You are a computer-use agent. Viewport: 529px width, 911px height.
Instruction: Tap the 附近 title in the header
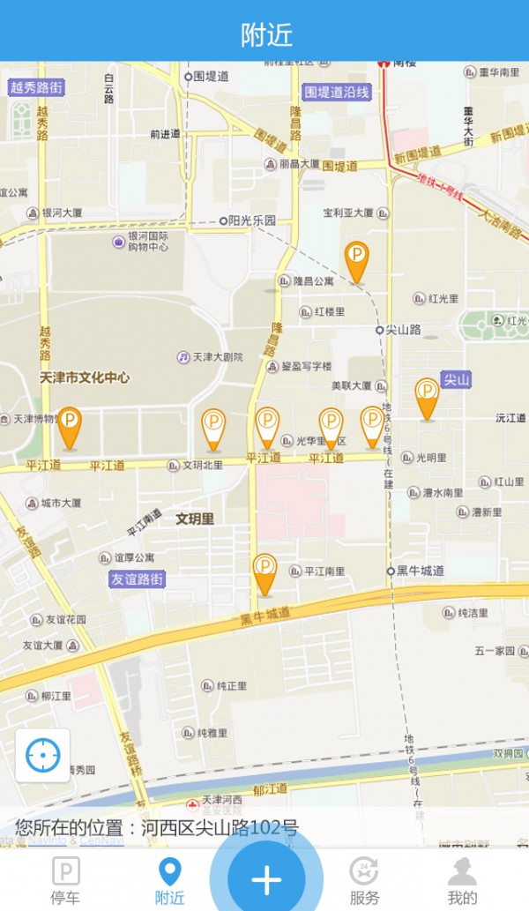tap(265, 34)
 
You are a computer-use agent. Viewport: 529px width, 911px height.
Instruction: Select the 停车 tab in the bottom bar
tap(65, 880)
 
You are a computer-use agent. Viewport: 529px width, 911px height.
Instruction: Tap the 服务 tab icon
tap(364, 871)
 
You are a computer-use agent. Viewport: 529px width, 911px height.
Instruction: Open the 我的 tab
tap(462, 880)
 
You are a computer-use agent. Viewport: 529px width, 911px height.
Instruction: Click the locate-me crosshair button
tap(42, 755)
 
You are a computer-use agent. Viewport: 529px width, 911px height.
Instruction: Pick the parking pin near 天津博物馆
tap(69, 428)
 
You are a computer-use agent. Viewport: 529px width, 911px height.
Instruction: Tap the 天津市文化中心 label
tap(85, 377)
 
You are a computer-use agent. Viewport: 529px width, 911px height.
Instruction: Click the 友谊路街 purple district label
tap(137, 579)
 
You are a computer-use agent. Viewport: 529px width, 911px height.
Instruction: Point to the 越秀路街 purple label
tap(37, 87)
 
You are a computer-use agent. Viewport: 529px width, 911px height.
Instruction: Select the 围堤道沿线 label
tap(337, 92)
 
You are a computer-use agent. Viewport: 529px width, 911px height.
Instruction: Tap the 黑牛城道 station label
tap(420, 571)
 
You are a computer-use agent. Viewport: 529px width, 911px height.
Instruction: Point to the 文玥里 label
tap(195, 519)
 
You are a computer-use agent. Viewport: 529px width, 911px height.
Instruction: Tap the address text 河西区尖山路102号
tap(220, 828)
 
